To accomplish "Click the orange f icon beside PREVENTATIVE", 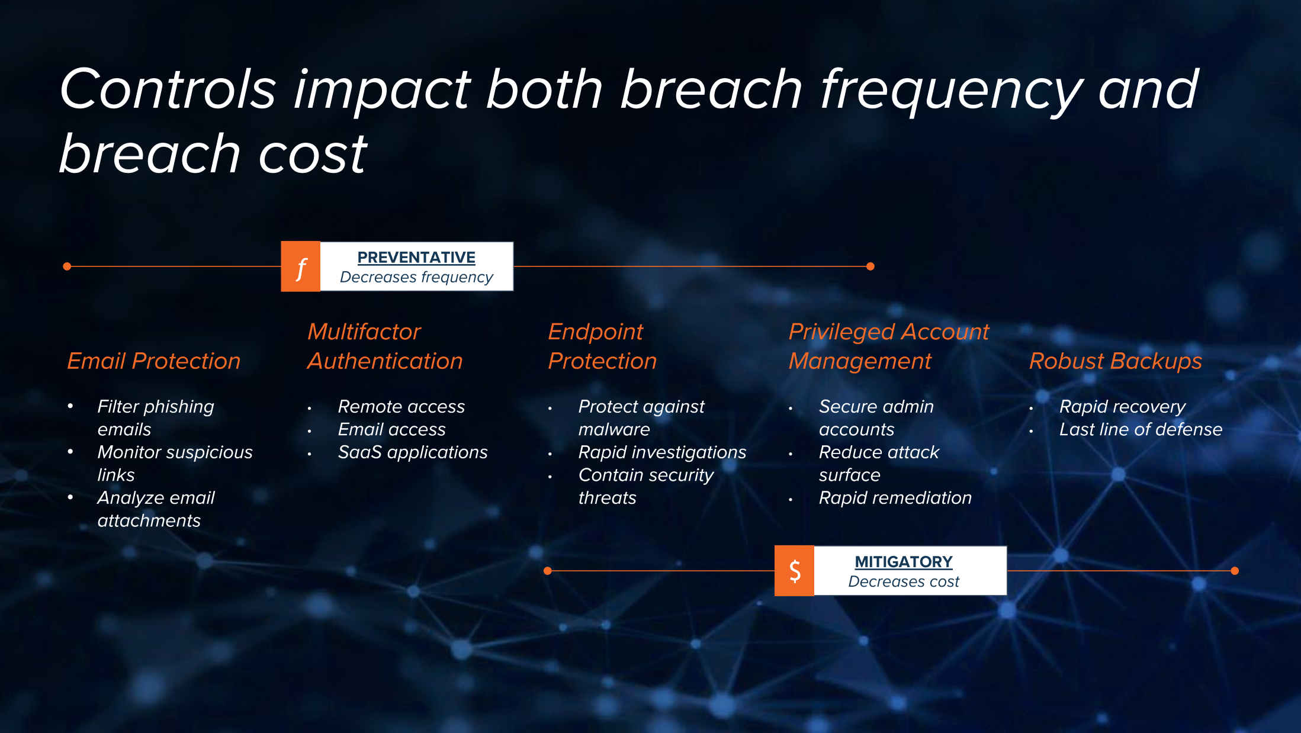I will pos(301,266).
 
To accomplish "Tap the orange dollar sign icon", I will pos(795,571).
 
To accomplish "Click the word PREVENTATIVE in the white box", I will pos(416,258).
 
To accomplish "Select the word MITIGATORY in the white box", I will pos(904,561).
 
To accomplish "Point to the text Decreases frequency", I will pos(416,277).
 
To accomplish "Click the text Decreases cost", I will pos(904,581).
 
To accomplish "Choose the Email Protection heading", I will pos(154,361).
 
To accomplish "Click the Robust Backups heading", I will pos(1116,361).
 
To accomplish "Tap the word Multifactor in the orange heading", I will pos(364,332).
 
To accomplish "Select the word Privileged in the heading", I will pos(844,332).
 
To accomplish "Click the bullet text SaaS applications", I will pos(413,452).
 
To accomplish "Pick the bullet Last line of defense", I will pos(1141,429).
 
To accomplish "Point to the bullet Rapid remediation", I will pos(895,498).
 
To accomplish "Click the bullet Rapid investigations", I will pos(662,452).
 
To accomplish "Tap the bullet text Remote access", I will pos(401,407).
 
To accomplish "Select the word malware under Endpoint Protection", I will pos(614,429).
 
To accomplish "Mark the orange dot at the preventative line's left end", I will pos(67,266).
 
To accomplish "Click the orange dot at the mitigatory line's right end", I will pos(1235,571).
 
